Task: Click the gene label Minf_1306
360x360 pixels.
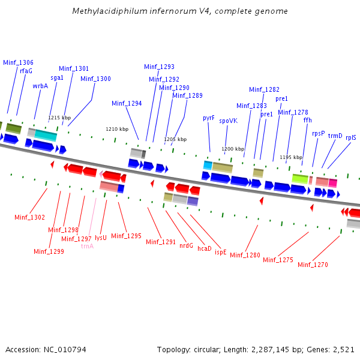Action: click(18, 62)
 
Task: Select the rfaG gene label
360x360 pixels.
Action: click(26, 71)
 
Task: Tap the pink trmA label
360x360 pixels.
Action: click(87, 246)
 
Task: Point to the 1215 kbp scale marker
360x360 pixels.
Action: click(59, 118)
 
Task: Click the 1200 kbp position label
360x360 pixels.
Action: click(233, 149)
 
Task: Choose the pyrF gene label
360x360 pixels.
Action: click(209, 118)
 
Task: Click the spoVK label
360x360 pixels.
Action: click(228, 121)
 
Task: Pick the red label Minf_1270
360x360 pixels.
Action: click(313, 265)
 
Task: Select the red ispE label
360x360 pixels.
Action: click(221, 253)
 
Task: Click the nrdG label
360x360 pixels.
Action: click(187, 245)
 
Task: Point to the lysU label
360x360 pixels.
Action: click(101, 238)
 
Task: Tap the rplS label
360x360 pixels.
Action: click(350, 137)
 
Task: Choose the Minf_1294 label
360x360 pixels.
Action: click(127, 103)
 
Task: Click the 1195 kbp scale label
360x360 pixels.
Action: click(291, 157)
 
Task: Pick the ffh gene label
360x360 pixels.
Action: click(307, 120)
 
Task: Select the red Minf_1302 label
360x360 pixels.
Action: click(29, 217)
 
